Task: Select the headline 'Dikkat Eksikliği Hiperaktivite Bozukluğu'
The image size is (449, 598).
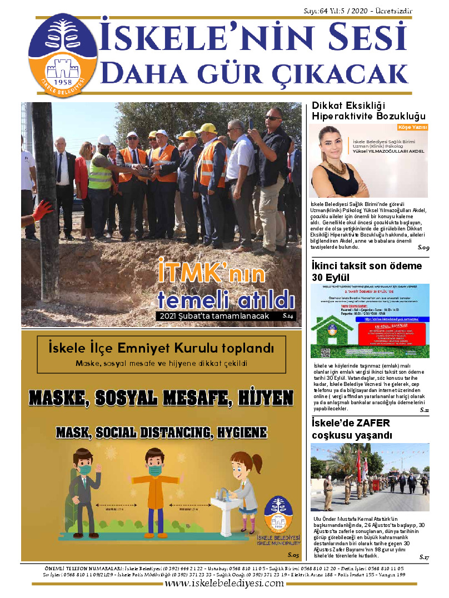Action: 368,111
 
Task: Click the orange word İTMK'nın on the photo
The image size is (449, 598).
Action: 211,272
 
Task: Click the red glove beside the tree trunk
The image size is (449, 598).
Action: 42,210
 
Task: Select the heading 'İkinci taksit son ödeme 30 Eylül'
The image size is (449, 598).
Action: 367,272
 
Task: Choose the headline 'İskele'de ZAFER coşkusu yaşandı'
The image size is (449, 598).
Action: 351,429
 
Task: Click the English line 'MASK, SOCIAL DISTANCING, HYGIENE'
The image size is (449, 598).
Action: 162,432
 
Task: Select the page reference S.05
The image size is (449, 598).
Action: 293,555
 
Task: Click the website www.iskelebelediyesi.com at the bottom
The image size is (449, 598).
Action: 225,584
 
